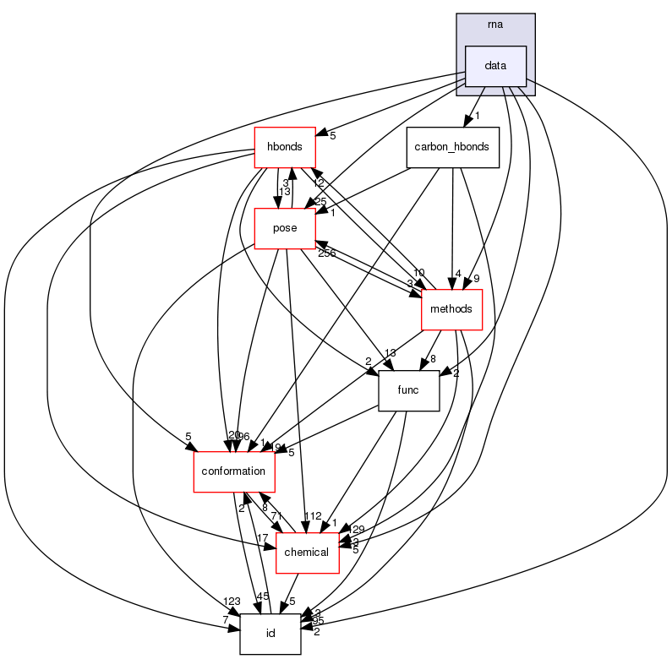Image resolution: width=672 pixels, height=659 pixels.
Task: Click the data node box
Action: point(496,66)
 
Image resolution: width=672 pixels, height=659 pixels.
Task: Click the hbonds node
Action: point(285,147)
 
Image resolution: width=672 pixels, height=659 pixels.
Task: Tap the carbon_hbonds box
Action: point(452,147)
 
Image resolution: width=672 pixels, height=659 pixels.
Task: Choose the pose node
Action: point(285,229)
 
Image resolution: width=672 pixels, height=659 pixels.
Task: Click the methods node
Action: point(451,310)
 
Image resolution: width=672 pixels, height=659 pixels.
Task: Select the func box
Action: point(408,390)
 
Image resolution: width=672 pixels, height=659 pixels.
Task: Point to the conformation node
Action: point(232,471)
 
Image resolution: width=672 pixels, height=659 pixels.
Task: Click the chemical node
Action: point(309,552)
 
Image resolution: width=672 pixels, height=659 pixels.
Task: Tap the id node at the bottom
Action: point(270,634)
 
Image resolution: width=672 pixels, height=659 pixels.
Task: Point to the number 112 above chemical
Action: point(314,517)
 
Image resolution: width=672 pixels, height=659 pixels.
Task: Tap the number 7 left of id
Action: point(226,621)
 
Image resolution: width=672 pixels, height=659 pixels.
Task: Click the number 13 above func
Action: point(390,353)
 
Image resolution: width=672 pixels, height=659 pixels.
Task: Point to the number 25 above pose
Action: point(321,201)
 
